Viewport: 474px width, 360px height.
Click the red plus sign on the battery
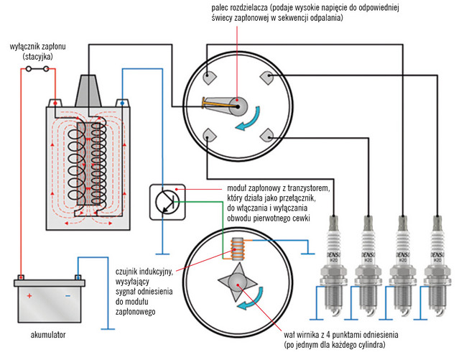[29, 295]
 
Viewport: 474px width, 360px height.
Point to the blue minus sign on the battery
[67, 295]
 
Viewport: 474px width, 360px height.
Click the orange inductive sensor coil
[237, 249]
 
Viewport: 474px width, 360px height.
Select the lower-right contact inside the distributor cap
[266, 134]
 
